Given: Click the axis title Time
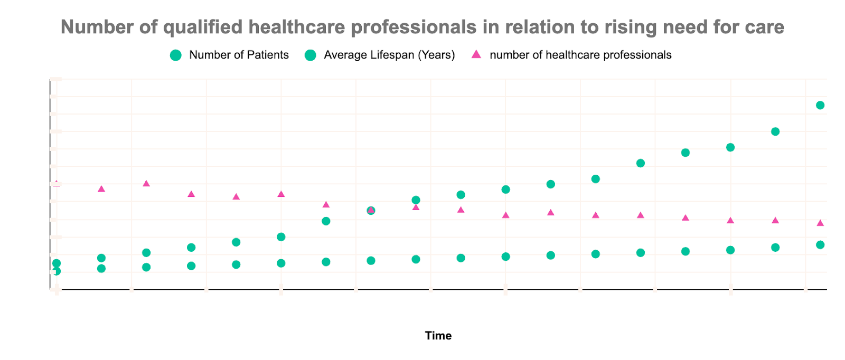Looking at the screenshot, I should tap(438, 336).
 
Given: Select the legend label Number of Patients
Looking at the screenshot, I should tap(239, 55).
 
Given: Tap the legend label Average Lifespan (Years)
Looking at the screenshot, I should tap(389, 55).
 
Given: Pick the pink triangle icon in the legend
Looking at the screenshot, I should tap(476, 54).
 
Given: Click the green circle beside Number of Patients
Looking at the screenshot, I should tap(176, 55).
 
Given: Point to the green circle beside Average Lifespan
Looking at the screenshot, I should tap(311, 55).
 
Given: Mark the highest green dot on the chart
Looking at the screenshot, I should tap(820, 105).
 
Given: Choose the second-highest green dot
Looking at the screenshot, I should tap(775, 131).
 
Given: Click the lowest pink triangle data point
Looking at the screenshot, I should tap(820, 223).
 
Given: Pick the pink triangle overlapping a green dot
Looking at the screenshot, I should tap(371, 210).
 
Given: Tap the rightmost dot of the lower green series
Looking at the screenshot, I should tap(820, 245).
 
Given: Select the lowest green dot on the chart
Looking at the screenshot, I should tap(57, 271).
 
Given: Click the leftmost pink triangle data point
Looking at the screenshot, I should tap(57, 183).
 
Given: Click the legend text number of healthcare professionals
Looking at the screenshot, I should tap(580, 55).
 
